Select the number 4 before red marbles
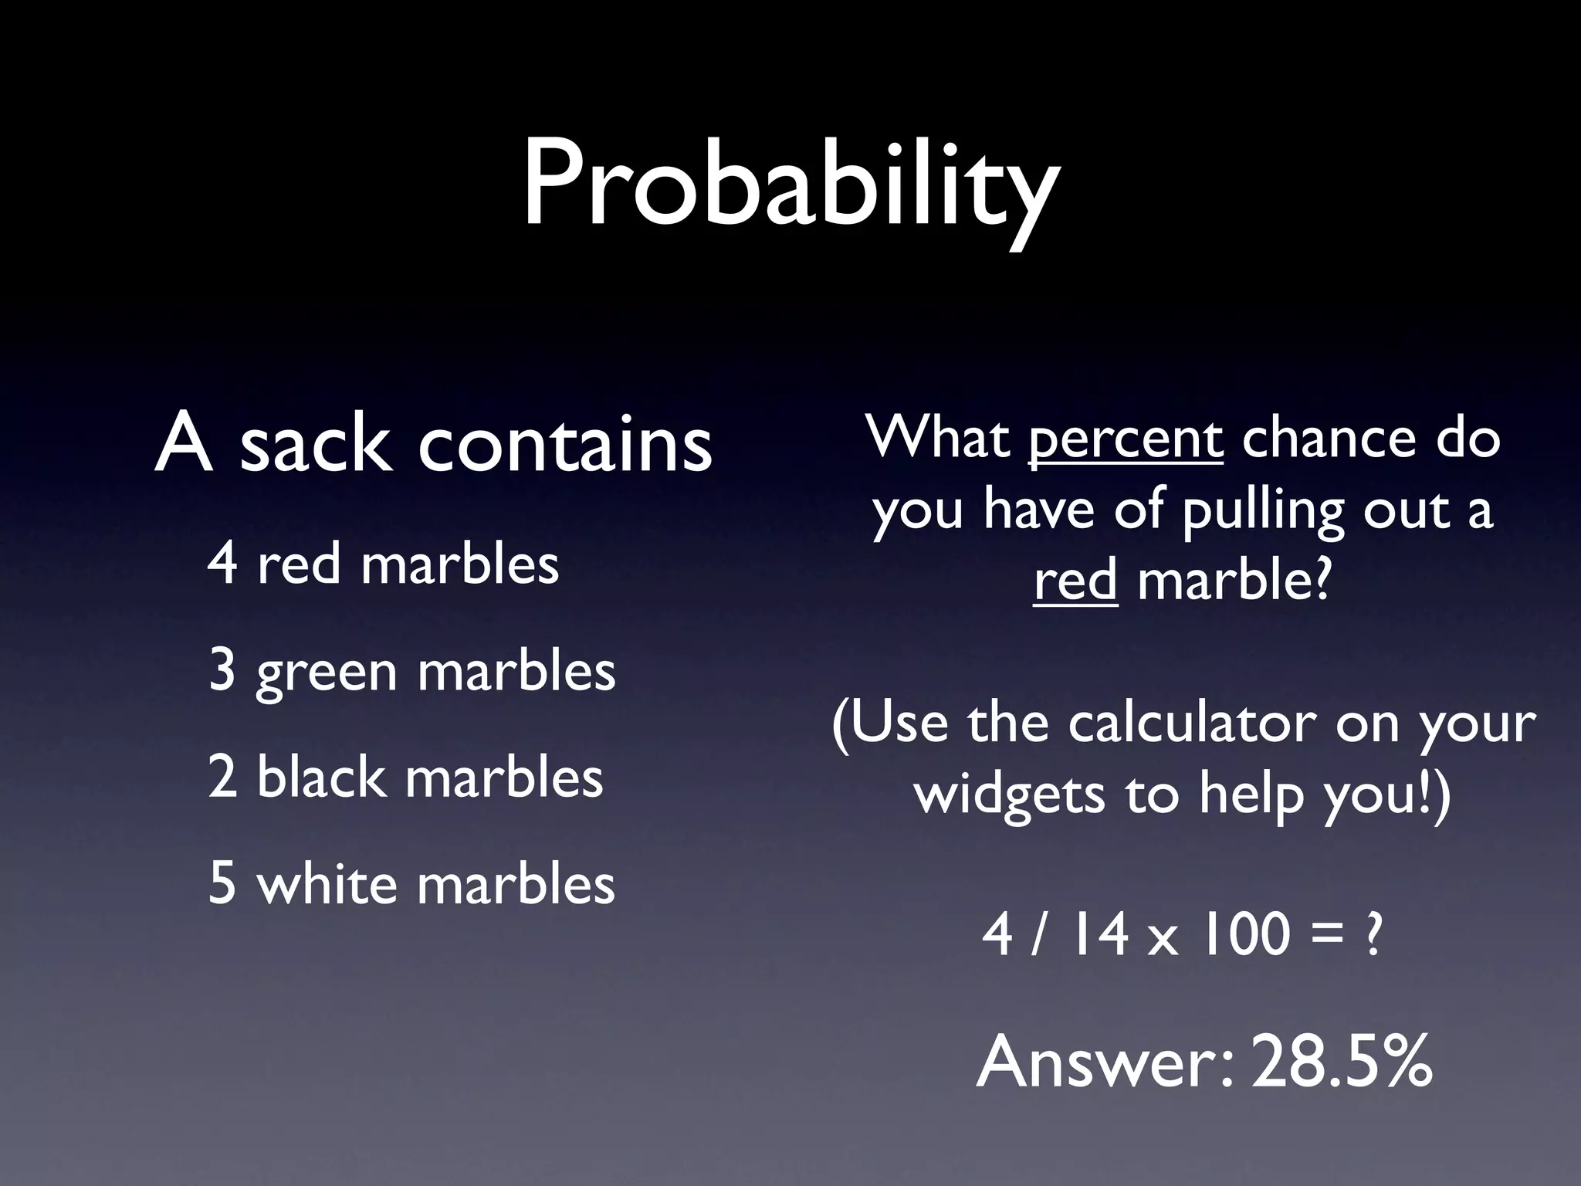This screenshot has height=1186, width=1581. pos(222,564)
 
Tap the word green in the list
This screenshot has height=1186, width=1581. pos(326,672)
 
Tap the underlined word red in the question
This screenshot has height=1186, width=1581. pos(1075,581)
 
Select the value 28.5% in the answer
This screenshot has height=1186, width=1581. pos(1342,1062)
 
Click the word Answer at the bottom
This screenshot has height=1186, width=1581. pos(1104,1062)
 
